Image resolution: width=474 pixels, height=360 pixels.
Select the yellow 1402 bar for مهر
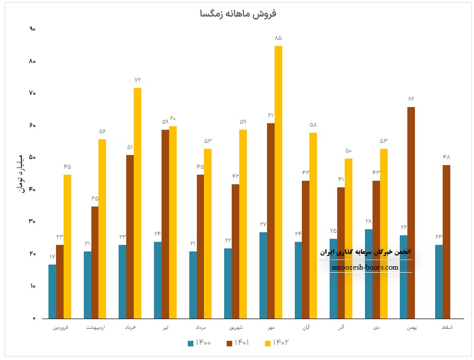(x=278, y=182)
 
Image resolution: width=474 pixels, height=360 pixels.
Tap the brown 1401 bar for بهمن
(x=411, y=213)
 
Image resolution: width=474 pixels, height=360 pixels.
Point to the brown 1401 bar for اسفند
(x=446, y=242)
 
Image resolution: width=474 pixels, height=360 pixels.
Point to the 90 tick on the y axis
(x=32, y=29)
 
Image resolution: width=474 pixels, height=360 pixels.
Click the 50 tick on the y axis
(x=32, y=158)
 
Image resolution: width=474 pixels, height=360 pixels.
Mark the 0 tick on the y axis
(x=33, y=319)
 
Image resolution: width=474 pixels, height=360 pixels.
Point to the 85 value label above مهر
(x=278, y=38)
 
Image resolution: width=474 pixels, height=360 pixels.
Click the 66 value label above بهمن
(x=411, y=98)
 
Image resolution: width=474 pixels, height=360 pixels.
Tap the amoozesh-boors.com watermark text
(x=365, y=268)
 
